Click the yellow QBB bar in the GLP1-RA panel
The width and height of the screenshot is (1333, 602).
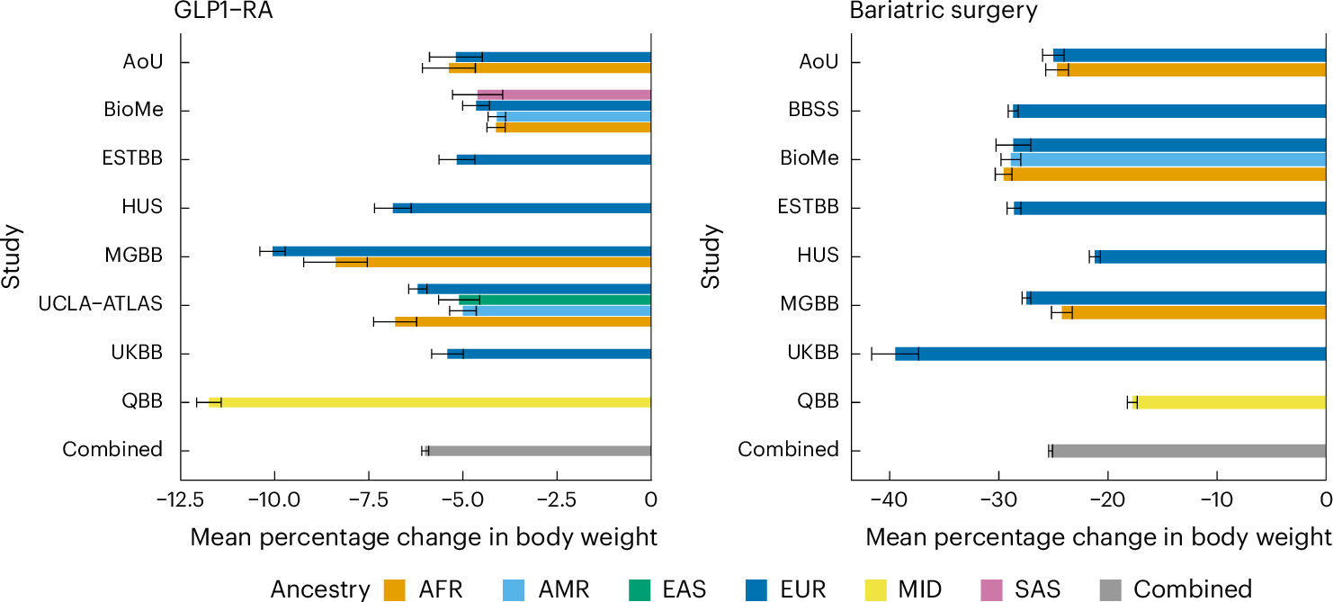[x=432, y=402]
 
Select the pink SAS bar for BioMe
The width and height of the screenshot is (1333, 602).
[x=565, y=94]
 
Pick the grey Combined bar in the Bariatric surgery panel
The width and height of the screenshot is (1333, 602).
[x=1187, y=451]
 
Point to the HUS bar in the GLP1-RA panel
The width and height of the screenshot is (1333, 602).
[x=522, y=208]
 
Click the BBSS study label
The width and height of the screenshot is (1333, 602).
[x=812, y=111]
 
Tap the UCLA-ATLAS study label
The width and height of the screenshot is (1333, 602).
[x=100, y=304]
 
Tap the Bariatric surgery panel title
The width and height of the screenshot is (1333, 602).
[x=944, y=11]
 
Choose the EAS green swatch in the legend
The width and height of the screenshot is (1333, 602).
[x=640, y=589]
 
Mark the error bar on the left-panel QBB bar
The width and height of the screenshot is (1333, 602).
[x=209, y=402]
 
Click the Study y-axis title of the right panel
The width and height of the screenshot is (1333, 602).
[x=711, y=256]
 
